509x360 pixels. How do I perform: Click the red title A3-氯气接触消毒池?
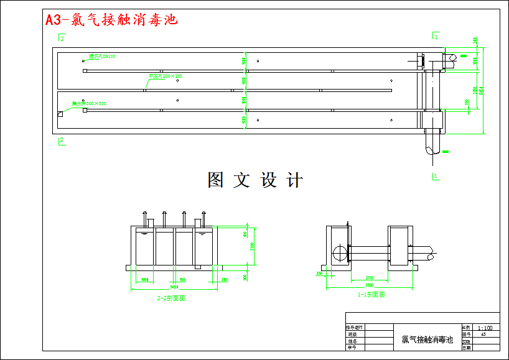coord(111,20)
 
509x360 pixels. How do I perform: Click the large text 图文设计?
coord(255,180)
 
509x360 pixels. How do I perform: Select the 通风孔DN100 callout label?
coord(102,57)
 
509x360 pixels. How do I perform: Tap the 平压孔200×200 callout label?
coord(165,76)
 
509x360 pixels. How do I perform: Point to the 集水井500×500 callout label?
coord(89,103)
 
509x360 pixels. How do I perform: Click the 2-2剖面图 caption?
coord(171,298)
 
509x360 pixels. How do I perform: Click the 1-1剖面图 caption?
coord(371,295)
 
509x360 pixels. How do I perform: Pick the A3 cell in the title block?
coord(483,334)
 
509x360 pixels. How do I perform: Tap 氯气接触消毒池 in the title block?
coord(427,339)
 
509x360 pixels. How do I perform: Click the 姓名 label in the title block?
coord(353,341)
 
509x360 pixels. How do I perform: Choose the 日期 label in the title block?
coord(466,348)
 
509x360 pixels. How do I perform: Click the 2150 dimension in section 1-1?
coord(369,277)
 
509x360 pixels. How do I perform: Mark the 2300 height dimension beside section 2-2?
coord(251,247)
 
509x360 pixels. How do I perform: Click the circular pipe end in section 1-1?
coord(341,253)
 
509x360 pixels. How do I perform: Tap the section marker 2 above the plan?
coord(62,38)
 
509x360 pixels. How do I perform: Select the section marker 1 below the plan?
coord(436,176)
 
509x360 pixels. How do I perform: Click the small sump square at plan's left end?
coord(60,114)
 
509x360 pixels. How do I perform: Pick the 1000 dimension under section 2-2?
coord(144,280)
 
